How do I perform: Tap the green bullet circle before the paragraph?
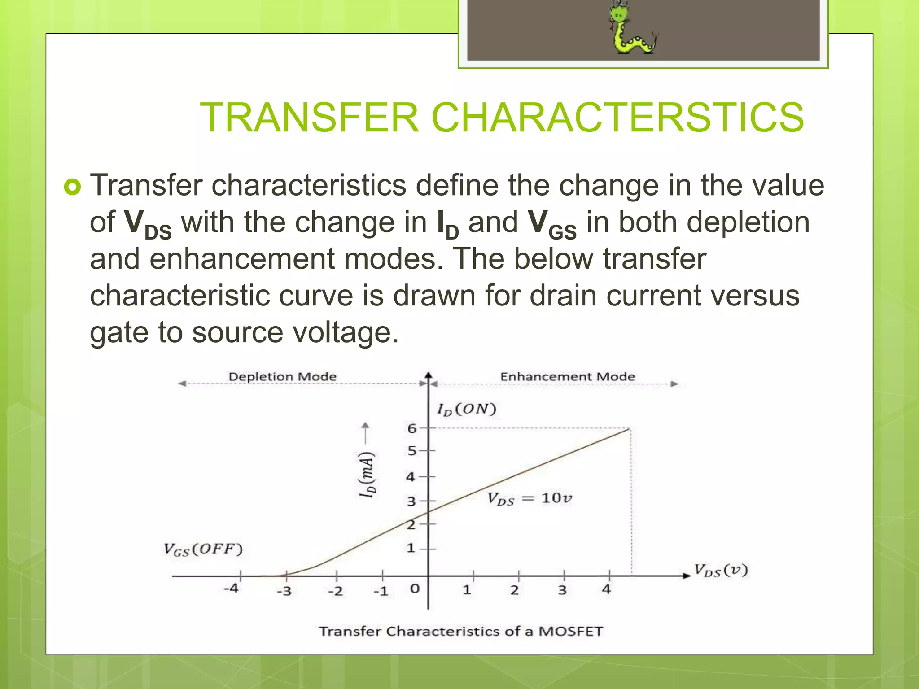point(72,187)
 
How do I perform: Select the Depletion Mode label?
point(282,376)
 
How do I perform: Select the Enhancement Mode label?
point(567,376)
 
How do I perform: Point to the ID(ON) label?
point(467,409)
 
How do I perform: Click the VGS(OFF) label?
point(203,549)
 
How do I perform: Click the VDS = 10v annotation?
point(530,498)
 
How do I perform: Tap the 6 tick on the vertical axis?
point(412,428)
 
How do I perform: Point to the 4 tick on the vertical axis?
point(410,477)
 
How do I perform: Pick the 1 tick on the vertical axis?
point(410,548)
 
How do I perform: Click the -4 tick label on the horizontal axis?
point(231,588)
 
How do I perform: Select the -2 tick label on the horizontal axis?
point(335,591)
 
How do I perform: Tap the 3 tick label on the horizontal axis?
point(562,590)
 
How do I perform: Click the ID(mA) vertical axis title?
point(367,474)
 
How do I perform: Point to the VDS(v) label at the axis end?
point(721,570)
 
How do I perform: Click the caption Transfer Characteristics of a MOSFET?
point(461,631)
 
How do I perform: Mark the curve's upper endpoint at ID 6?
point(629,429)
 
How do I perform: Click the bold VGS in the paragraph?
point(551,223)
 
